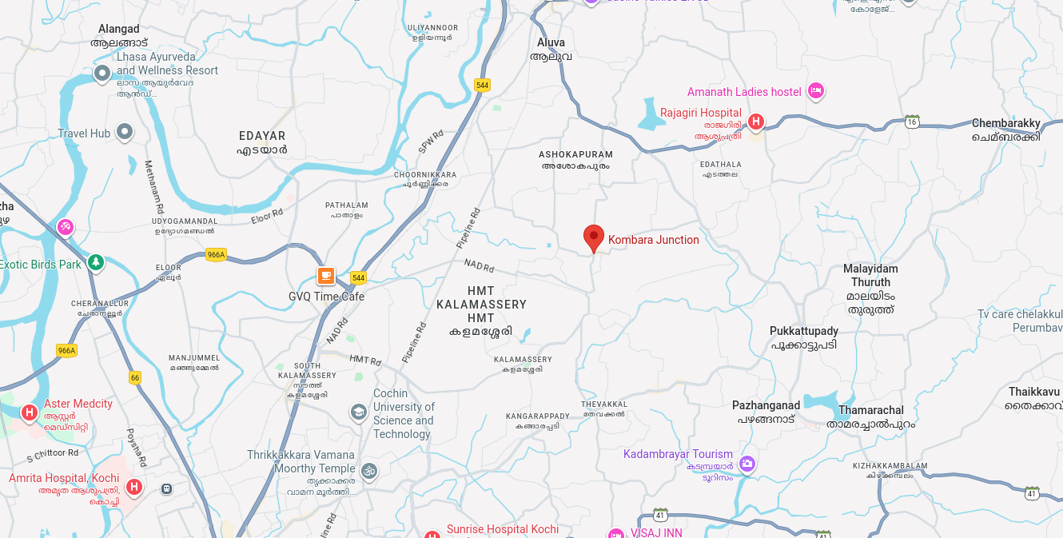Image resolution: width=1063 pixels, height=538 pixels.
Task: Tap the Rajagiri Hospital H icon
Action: click(755, 122)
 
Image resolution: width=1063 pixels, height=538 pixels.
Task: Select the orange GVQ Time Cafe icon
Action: click(325, 276)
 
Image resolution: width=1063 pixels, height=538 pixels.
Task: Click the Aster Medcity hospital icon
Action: click(30, 412)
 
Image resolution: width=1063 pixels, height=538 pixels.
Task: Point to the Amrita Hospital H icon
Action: click(134, 486)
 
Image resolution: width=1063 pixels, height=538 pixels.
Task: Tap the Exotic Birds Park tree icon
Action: click(96, 261)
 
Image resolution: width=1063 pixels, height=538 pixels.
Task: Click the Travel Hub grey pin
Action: click(125, 131)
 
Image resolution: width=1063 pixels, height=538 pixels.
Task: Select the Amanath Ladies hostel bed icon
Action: click(815, 91)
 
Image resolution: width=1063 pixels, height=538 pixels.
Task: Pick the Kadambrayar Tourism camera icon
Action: click(747, 463)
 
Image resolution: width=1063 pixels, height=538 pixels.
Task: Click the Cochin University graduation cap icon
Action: click(359, 412)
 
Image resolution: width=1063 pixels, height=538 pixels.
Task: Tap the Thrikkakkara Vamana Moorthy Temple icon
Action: click(368, 470)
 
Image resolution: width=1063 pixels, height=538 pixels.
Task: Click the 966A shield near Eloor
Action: click(216, 255)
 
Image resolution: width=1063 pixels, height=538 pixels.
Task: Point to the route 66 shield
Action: click(134, 377)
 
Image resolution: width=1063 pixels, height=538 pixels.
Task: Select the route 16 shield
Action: click(912, 122)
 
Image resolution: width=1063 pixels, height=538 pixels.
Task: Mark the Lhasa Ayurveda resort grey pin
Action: click(102, 74)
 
